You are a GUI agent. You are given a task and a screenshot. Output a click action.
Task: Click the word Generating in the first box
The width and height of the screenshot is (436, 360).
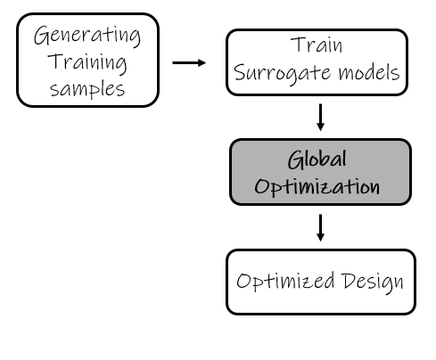pos(86,37)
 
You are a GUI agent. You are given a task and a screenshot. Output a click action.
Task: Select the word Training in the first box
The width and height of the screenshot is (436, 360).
pos(86,63)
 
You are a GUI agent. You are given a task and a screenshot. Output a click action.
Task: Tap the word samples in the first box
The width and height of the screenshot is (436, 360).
pos(86,89)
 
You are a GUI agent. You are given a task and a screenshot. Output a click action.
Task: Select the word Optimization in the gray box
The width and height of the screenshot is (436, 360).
pos(317,188)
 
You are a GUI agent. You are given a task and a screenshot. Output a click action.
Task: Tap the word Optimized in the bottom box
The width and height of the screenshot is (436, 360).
pos(285,282)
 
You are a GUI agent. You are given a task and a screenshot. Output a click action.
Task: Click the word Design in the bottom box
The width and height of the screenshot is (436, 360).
pos(373,282)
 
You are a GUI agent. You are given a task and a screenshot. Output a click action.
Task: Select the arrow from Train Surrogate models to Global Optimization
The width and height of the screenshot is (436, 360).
pos(320,116)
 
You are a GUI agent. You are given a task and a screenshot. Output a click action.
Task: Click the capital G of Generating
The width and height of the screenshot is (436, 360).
pos(42,37)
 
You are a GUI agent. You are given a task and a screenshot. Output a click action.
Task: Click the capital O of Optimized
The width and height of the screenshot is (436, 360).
pos(244,282)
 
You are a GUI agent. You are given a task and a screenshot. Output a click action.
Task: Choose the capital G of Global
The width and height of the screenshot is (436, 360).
pos(295,160)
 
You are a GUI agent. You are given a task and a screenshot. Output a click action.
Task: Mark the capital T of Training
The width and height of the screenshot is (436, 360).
pos(57,62)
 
